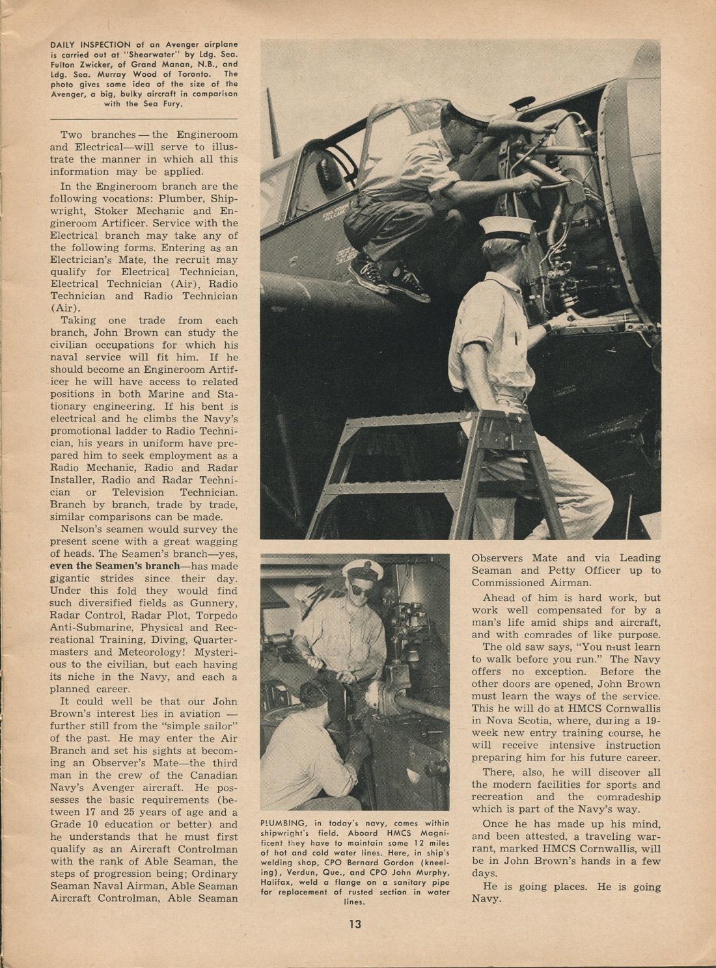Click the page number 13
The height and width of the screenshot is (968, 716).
coord(355,924)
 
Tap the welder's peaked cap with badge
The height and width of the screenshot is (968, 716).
coord(363,569)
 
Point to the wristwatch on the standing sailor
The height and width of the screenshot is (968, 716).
coord(551,325)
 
